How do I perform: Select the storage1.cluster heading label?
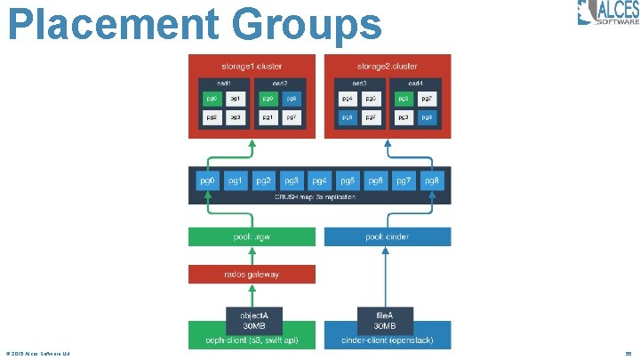pyautogui.click(x=252, y=66)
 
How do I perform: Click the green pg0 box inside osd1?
pyautogui.click(x=211, y=99)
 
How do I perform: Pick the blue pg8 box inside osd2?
pyautogui.click(x=292, y=99)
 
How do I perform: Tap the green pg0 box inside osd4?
pyautogui.click(x=403, y=99)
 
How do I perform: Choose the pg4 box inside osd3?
pyautogui.click(x=347, y=99)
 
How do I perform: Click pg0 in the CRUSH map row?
pyautogui.click(x=207, y=180)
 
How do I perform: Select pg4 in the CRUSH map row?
pyautogui.click(x=320, y=180)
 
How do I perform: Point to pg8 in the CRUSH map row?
pyautogui.click(x=430, y=180)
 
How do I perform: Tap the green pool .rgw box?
pyautogui.click(x=252, y=237)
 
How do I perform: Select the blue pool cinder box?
pyautogui.click(x=388, y=237)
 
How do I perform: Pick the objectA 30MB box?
pyautogui.click(x=252, y=319)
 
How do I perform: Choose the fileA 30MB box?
pyautogui.click(x=386, y=319)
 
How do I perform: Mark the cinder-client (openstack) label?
pyautogui.click(x=388, y=340)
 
